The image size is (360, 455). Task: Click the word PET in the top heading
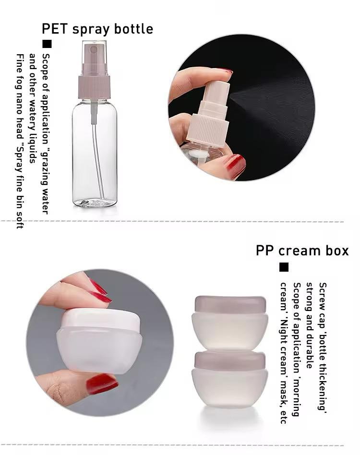(x=55, y=29)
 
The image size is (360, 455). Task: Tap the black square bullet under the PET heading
(x=47, y=44)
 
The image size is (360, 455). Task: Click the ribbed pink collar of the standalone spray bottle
(x=94, y=87)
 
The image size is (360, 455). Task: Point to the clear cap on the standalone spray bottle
(x=94, y=58)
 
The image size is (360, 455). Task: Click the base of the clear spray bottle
(x=95, y=202)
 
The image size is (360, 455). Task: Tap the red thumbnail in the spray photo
(x=235, y=166)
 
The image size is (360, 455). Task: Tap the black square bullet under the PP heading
(x=284, y=267)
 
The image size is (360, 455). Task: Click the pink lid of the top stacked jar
(x=230, y=304)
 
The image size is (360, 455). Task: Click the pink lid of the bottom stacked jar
(x=230, y=360)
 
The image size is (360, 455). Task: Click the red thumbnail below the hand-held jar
(x=102, y=383)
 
